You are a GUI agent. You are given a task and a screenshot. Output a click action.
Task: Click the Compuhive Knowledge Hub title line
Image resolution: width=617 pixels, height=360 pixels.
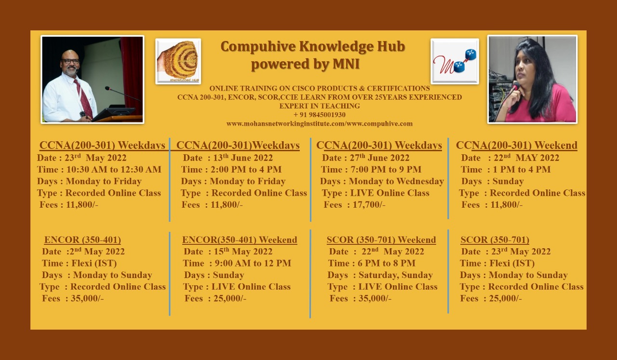[313, 46]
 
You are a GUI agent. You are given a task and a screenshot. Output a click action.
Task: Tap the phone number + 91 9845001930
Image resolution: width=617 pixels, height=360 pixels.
[319, 115]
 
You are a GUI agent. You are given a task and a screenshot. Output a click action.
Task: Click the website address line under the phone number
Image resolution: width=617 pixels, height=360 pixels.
[320, 124]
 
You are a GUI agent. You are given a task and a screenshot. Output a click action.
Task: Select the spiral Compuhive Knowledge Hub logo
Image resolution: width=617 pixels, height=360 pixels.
[178, 61]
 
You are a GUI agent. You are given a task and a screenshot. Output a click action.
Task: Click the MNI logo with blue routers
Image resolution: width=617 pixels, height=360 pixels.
[455, 61]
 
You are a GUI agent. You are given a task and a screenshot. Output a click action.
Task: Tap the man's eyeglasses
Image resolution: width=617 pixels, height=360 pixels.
[70, 61]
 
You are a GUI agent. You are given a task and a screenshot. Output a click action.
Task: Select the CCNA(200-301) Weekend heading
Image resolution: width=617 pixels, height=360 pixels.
[516, 145]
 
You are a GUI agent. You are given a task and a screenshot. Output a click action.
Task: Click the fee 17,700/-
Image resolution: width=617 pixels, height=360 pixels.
[369, 205]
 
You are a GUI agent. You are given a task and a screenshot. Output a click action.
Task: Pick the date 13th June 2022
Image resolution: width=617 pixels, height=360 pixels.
[243, 158]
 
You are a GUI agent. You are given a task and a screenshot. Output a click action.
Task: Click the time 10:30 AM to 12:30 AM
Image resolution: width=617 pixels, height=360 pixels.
[114, 169]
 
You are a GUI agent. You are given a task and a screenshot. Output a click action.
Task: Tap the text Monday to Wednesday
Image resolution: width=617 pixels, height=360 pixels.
[396, 181]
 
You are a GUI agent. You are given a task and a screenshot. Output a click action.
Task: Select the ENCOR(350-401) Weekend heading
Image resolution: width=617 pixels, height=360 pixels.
[240, 240]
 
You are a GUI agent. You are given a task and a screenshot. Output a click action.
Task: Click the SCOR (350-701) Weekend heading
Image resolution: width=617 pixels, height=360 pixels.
[381, 240]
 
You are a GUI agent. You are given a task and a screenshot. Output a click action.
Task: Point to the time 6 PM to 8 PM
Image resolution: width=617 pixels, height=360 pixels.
[387, 263]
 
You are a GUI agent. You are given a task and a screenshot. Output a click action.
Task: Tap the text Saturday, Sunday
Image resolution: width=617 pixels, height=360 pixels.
[396, 275]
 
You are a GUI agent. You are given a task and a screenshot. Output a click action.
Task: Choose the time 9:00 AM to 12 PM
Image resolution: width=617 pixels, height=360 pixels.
[253, 263]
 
